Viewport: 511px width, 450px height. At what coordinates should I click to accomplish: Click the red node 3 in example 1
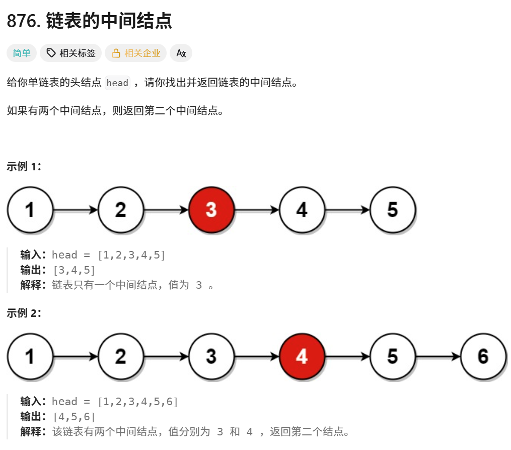[x=211, y=210]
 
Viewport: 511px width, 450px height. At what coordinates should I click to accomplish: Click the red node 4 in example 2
[x=302, y=356]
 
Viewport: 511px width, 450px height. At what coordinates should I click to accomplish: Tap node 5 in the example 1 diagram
[x=393, y=210]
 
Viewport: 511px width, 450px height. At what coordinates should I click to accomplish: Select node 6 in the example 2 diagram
[x=483, y=356]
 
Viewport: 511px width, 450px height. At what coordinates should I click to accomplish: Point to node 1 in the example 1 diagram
[x=30, y=210]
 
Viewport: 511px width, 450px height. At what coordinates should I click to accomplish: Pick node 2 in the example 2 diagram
[x=121, y=356]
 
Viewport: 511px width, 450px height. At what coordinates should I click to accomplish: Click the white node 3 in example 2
[x=211, y=356]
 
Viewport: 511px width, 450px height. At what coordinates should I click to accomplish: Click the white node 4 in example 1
[x=302, y=210]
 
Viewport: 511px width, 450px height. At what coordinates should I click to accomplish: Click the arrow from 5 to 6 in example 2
[x=438, y=357]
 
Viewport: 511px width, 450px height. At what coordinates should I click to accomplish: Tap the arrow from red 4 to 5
[x=347, y=357]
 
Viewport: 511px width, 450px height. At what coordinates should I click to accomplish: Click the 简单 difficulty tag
[x=22, y=53]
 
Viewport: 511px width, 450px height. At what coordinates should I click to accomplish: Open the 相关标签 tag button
[x=71, y=53]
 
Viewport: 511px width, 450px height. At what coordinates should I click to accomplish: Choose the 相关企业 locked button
[x=135, y=53]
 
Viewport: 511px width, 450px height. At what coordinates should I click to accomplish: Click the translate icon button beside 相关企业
[x=181, y=53]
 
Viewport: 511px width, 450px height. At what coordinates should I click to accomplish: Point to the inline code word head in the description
[x=117, y=83]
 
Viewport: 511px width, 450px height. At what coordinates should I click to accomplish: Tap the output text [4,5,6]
[x=74, y=416]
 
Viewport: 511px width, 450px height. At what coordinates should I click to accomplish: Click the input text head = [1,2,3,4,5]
[x=108, y=255]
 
